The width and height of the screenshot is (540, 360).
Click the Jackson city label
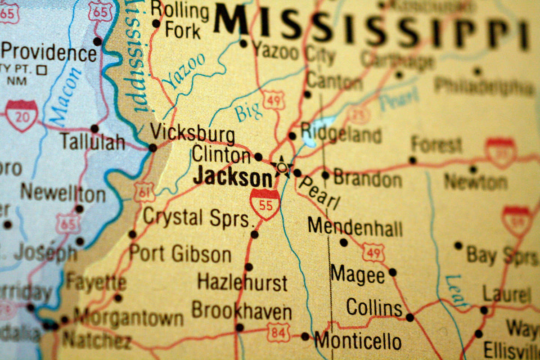[233, 178]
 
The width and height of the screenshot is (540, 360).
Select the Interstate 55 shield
[265, 204]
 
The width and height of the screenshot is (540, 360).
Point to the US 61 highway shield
[144, 192]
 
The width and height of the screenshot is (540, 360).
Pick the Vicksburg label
[192, 134]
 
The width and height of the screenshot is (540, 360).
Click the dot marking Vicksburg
[153, 148]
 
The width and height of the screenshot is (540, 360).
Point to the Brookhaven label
[242, 311]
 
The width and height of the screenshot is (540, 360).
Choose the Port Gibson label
[180, 253]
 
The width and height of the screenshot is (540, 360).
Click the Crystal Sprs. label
[196, 218]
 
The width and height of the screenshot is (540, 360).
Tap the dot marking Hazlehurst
[249, 267]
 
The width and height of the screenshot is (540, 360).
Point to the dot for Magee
[393, 272]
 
